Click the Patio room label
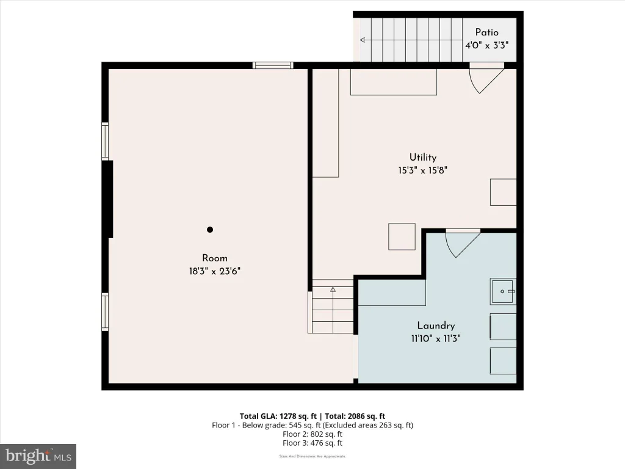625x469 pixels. coord(486,32)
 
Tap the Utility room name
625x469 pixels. coord(423,157)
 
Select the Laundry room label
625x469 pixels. coord(436,325)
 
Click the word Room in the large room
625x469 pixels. coord(215,258)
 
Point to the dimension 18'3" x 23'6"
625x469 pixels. coord(215,271)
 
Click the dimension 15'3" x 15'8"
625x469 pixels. coord(423,170)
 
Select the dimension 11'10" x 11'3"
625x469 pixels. coord(436,338)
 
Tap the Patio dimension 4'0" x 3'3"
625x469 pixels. coord(486,45)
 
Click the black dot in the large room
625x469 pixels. coord(210,230)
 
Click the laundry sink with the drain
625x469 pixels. coord(504,291)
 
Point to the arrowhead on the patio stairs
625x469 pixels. coord(363,40)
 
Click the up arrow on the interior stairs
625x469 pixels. coord(333,289)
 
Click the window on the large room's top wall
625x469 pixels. coord(273,65)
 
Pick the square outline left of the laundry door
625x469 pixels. coord(402,236)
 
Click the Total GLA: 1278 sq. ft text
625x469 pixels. coord(278,416)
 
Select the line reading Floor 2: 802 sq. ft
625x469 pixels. coord(312,434)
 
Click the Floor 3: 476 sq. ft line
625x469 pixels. coord(312,443)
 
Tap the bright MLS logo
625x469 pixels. coord(38,456)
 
